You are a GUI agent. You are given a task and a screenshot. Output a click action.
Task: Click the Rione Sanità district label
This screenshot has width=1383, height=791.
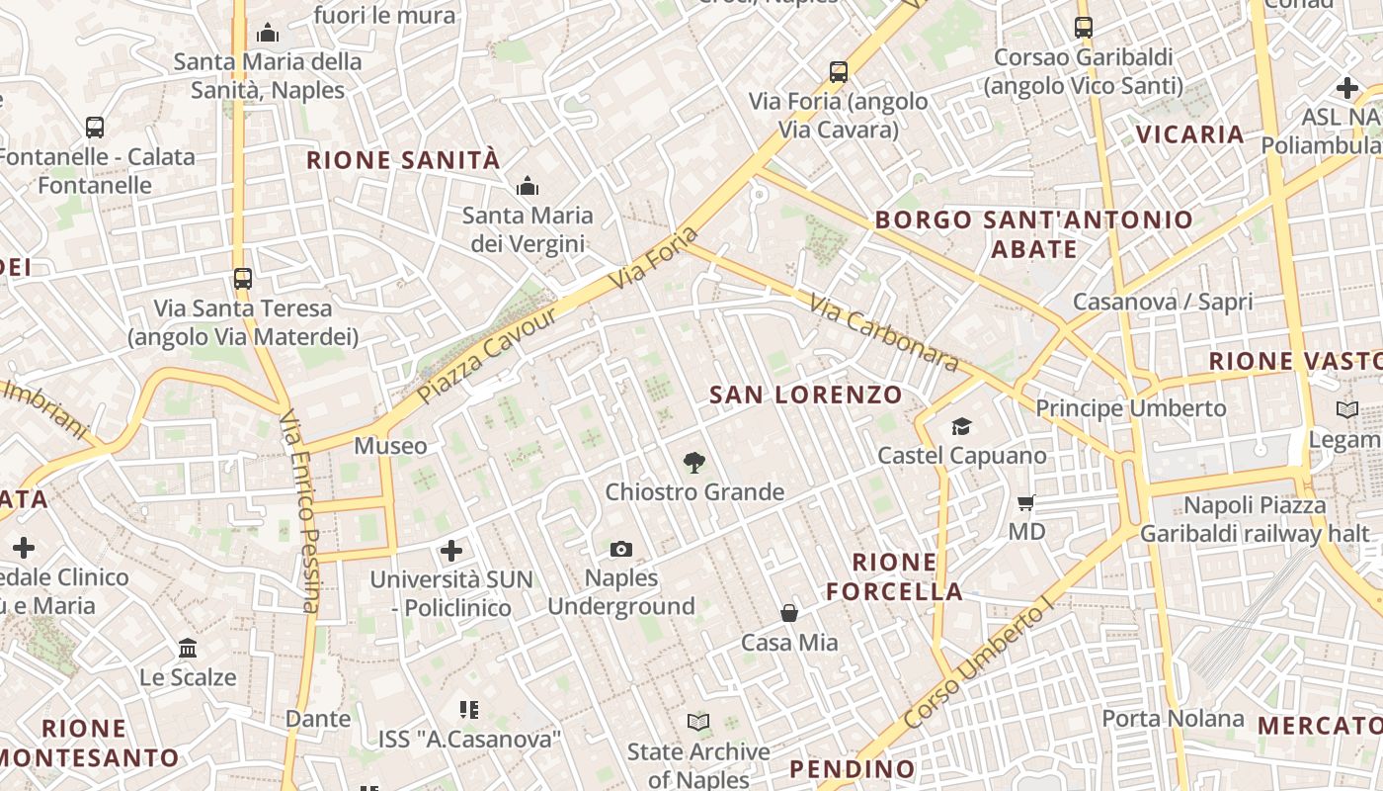[403, 160]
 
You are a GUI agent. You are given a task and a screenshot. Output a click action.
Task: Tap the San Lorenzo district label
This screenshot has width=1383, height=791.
[806, 395]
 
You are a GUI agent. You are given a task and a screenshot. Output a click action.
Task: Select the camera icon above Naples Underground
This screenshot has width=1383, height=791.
[621, 549]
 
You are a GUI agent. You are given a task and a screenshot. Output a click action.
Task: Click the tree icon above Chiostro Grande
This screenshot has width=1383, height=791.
[694, 462]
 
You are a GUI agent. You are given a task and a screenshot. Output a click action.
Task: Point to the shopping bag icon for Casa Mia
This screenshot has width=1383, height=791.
[789, 613]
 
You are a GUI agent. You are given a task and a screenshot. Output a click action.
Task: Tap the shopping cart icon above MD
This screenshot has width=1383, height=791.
[1026, 503]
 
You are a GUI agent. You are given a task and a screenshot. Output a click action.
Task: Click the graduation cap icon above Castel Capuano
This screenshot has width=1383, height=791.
[961, 426]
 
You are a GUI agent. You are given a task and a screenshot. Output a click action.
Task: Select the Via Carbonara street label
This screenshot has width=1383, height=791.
[883, 332]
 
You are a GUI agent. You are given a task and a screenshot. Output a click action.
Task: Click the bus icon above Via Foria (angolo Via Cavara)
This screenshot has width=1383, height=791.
[839, 71]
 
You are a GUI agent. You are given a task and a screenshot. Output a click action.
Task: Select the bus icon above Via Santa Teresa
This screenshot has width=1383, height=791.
[242, 279]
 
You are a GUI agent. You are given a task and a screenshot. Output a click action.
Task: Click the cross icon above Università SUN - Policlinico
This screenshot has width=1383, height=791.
[451, 550]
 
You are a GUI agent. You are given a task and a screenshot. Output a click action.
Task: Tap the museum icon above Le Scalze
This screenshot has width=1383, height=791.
[188, 649]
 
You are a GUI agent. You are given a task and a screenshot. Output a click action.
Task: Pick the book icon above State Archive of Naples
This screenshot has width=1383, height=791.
[698, 723]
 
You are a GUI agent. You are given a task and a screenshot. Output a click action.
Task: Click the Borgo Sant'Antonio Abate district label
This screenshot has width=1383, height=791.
[1034, 234]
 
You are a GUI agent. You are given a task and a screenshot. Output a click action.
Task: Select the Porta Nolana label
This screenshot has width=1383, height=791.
[1173, 719]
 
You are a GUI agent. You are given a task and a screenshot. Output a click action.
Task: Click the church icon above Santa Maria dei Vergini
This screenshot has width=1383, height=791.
[528, 186]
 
